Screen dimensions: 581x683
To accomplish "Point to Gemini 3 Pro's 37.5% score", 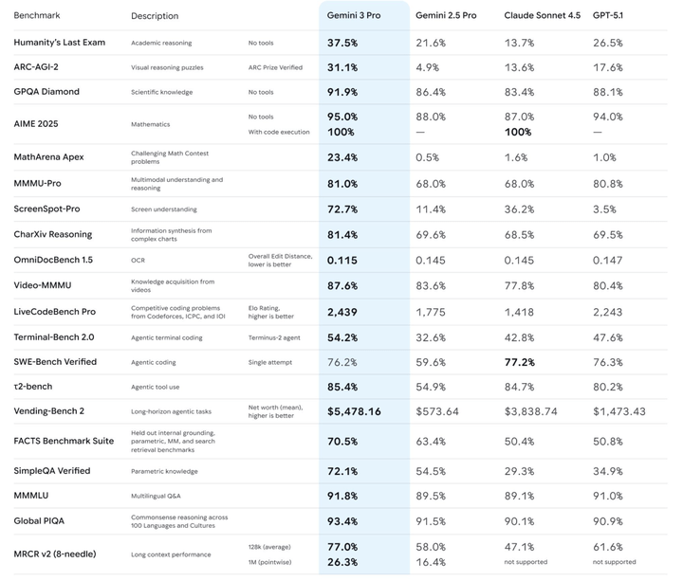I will (342, 43).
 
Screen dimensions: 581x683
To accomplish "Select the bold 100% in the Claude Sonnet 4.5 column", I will (521, 132).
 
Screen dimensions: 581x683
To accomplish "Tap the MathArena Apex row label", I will (48, 156).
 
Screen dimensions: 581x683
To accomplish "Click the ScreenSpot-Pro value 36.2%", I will (520, 209).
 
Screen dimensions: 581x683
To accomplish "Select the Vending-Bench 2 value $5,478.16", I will (354, 411).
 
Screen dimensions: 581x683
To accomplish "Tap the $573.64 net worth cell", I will (437, 411).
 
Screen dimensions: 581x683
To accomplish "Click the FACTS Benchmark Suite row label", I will (64, 442).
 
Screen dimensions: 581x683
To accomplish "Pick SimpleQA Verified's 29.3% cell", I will (520, 471).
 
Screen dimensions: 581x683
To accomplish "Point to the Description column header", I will (155, 16).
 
